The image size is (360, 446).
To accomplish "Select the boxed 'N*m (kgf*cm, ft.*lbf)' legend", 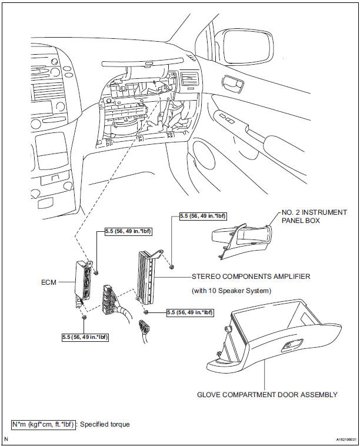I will (x=44, y=424).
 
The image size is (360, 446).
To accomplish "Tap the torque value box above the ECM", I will (x=128, y=231).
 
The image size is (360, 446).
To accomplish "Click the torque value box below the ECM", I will (x=85, y=337).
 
